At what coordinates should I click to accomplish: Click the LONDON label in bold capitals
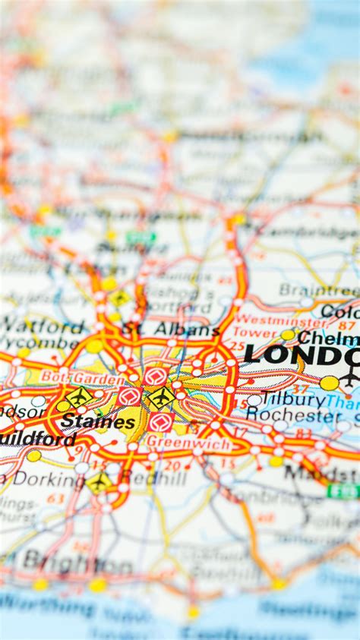pyautogui.click(x=302, y=355)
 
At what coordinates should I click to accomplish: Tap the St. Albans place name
pyautogui.click(x=171, y=329)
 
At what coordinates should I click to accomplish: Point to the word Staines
pyautogui.click(x=98, y=421)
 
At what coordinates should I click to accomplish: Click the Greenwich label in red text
pyautogui.click(x=178, y=443)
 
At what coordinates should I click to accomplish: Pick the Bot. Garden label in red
pyautogui.click(x=82, y=378)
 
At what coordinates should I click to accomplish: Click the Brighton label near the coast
pyautogui.click(x=76, y=563)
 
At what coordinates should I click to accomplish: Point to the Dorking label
pyautogui.click(x=47, y=479)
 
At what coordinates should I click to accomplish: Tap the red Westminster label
pyautogui.click(x=270, y=320)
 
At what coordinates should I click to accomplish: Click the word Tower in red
pyautogui.click(x=255, y=333)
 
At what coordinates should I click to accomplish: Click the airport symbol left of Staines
pyautogui.click(x=79, y=396)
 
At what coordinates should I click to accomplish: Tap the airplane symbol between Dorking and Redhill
pyautogui.click(x=99, y=481)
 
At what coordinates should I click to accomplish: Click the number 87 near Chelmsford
pyautogui.click(x=347, y=325)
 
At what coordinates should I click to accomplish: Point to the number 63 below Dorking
pyautogui.click(x=55, y=499)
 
